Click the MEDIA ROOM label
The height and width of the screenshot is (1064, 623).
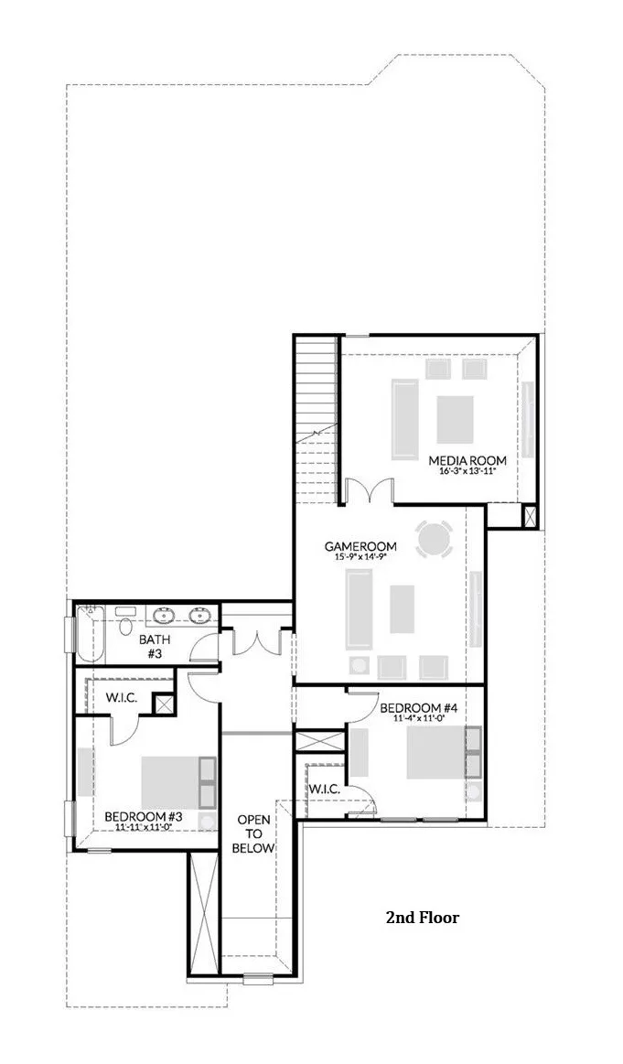[467, 459]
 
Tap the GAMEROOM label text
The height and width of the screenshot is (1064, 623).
[360, 546]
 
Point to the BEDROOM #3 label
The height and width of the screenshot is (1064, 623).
[137, 816]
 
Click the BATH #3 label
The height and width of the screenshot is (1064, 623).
[151, 647]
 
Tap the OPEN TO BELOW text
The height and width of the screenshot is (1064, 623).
[252, 833]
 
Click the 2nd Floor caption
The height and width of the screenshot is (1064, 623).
[422, 917]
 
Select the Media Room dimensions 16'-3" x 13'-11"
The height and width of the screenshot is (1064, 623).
[467, 472]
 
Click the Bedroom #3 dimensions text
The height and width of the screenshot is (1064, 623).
[137, 827]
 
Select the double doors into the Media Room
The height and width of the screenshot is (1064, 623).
[369, 491]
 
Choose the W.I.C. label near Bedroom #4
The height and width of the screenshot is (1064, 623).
[325, 789]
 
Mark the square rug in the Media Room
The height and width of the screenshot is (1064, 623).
[456, 419]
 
